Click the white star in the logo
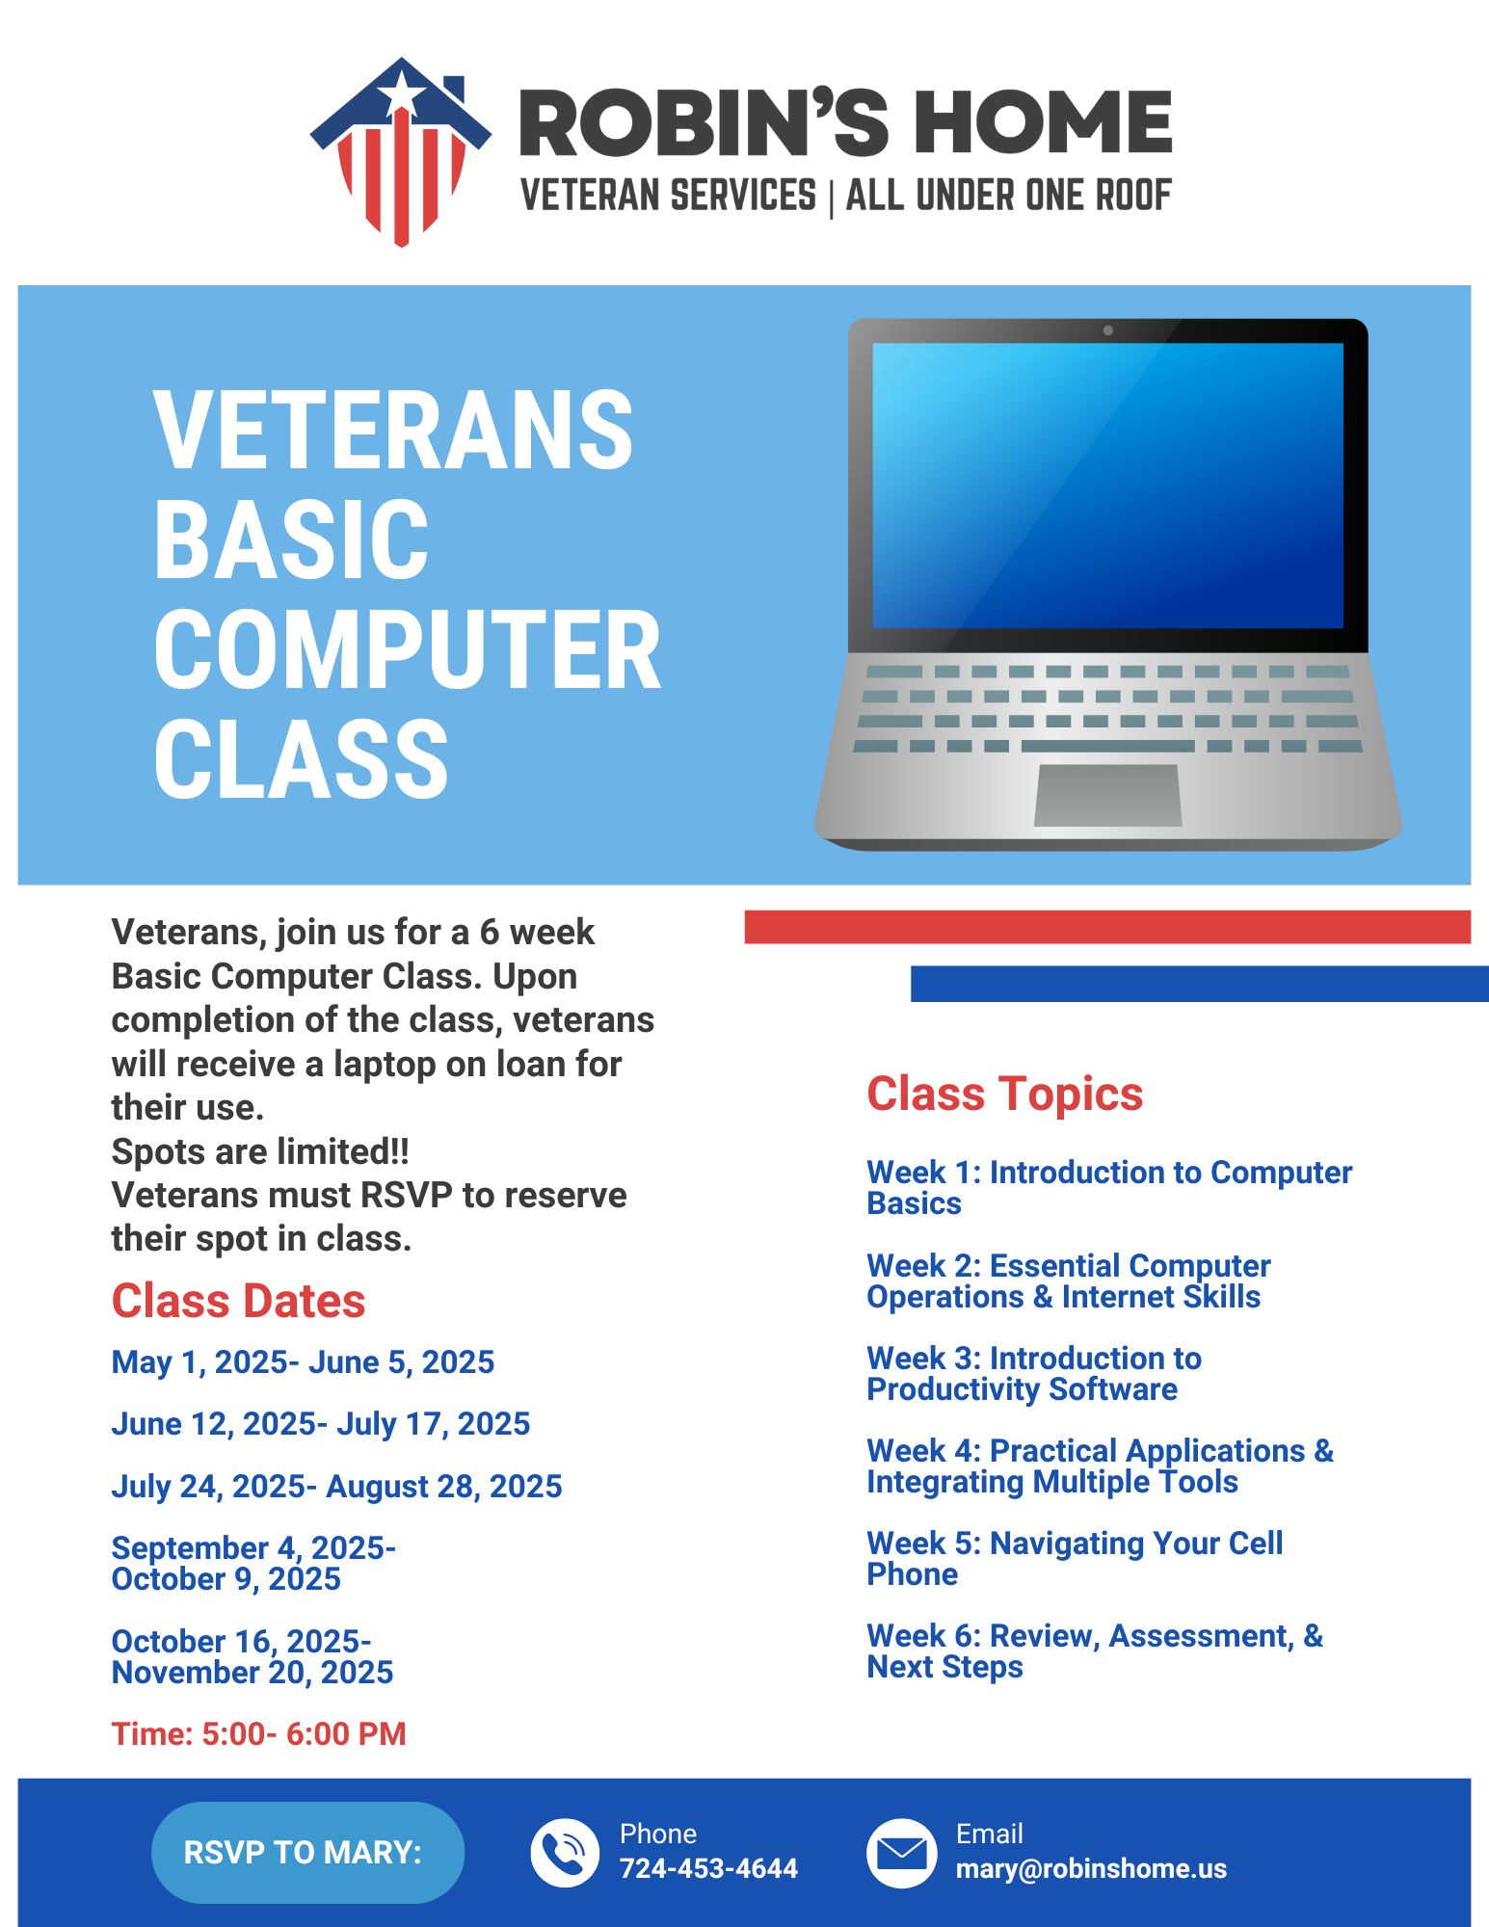(x=401, y=93)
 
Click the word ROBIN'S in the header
(x=704, y=122)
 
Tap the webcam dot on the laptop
(x=1108, y=330)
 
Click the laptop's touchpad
(x=1108, y=795)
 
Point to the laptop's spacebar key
(x=1107, y=746)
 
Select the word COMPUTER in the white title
(x=408, y=650)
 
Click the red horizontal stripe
(x=1107, y=927)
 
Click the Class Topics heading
(x=1004, y=1095)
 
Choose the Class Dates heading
(x=238, y=1302)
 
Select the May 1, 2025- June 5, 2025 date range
(x=303, y=1362)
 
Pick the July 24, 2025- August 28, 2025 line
(x=336, y=1487)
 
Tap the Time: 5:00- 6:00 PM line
(x=258, y=1734)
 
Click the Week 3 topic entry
(x=1034, y=1374)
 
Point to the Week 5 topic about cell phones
(x=1075, y=1559)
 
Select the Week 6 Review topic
(x=1095, y=1651)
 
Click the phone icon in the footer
(x=565, y=1853)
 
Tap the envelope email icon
(x=901, y=1853)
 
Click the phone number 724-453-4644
(x=708, y=1869)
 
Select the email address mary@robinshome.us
(x=1091, y=1869)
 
